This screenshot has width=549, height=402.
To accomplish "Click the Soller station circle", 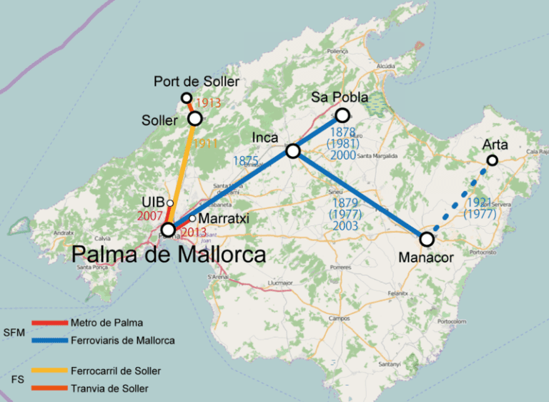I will pyautogui.click(x=194, y=119).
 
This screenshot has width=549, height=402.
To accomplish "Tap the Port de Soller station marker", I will pyautogui.click(x=187, y=98).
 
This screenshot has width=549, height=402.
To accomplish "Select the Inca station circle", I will pyautogui.click(x=292, y=151).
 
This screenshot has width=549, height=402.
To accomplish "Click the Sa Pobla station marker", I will pyautogui.click(x=342, y=115).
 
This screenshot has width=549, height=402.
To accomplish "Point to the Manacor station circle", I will pyautogui.click(x=427, y=240).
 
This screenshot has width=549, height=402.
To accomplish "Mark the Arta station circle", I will pyautogui.click(x=493, y=161).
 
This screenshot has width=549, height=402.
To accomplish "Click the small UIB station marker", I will pyautogui.click(x=170, y=203).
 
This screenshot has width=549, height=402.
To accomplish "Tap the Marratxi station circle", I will pyautogui.click(x=192, y=218).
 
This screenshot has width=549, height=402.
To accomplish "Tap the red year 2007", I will pyautogui.click(x=151, y=215).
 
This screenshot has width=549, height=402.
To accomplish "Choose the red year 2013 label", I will pyautogui.click(x=193, y=232).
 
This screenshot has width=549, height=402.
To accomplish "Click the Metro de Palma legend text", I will pyautogui.click(x=107, y=323).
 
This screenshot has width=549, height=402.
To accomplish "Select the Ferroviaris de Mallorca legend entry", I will pyautogui.click(x=123, y=340).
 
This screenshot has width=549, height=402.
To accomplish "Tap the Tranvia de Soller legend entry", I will pyautogui.click(x=110, y=388).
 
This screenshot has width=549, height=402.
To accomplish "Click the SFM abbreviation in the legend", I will pyautogui.click(x=14, y=333).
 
